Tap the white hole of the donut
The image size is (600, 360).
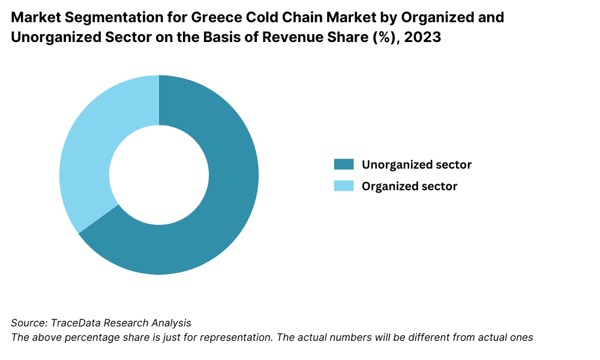[159, 175]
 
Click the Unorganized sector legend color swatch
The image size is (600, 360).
[344, 164]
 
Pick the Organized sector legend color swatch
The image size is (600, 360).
[344, 186]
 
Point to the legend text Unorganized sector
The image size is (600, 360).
[416, 164]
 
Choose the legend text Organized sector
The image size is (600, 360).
[409, 186]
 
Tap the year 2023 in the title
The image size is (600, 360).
[424, 37]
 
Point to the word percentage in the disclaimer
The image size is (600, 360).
[89, 337]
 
